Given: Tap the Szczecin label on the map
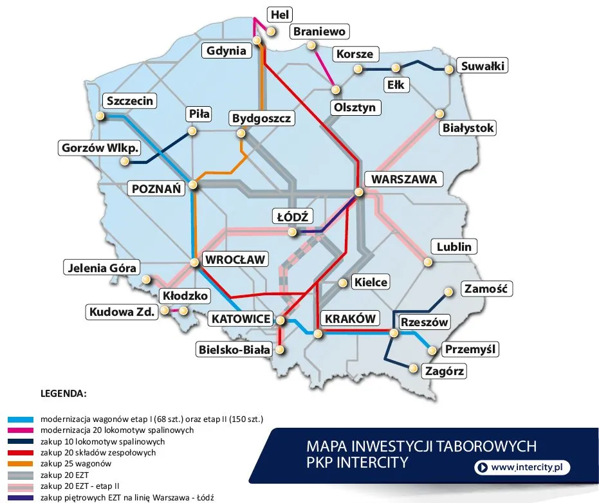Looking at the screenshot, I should [130, 101].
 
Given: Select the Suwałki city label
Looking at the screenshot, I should [482, 66].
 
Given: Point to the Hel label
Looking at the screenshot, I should [281, 14].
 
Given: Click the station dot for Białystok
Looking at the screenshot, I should [441, 113].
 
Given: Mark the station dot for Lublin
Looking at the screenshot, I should [427, 261].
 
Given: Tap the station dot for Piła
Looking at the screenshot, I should [192, 131].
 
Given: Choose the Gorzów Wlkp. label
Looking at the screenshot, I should [100, 148].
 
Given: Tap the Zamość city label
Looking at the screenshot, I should [487, 289].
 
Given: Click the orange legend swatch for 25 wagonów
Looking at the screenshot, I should [20, 464].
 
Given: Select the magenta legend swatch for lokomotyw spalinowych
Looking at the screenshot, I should [20, 430].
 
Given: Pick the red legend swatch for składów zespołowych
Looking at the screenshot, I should [20, 452].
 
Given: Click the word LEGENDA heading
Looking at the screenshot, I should [63, 392].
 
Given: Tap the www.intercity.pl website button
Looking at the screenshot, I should [522, 468].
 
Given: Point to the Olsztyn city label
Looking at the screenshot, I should [354, 107].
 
